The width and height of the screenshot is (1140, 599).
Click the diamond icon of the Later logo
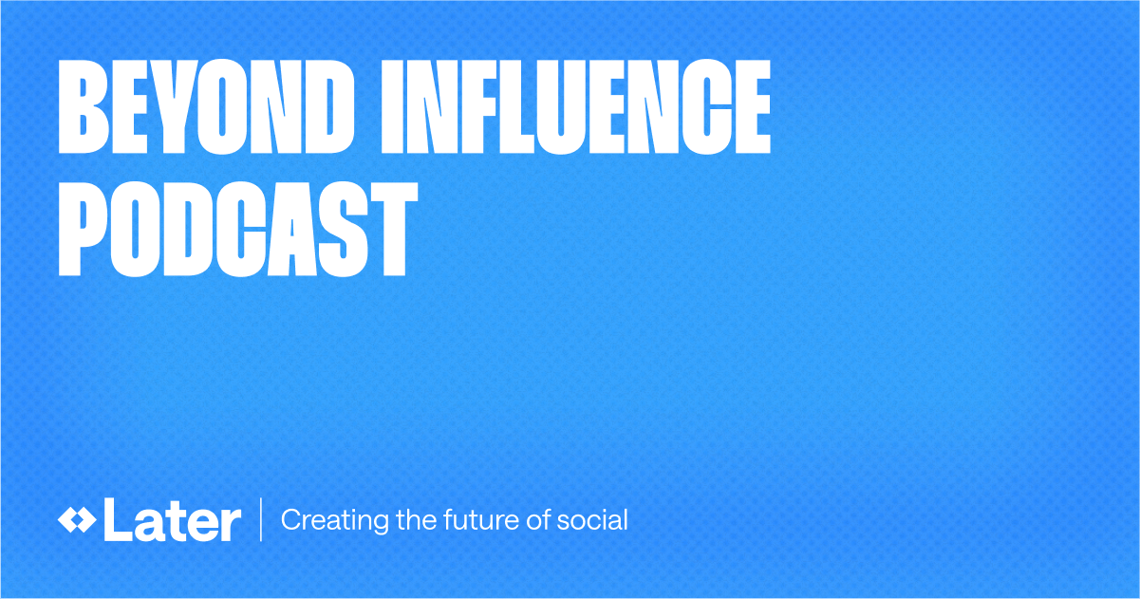click(76, 520)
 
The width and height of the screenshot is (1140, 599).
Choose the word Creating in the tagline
click(322, 521)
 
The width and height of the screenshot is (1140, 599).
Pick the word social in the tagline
click(595, 520)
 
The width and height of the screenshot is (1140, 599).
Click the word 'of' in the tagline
click(536, 520)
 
